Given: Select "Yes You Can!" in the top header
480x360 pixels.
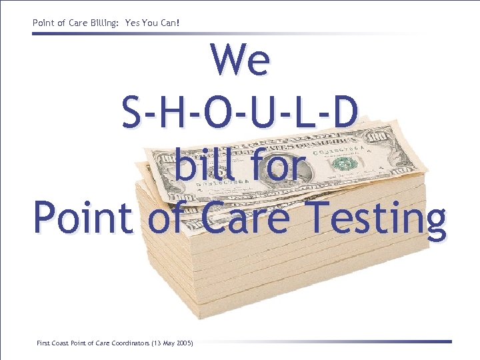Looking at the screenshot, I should (x=153, y=23).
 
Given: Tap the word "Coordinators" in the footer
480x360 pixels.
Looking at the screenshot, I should (x=130, y=343).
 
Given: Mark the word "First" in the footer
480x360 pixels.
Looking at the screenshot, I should (x=43, y=343).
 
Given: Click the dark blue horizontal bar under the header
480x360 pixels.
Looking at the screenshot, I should (x=133, y=33).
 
